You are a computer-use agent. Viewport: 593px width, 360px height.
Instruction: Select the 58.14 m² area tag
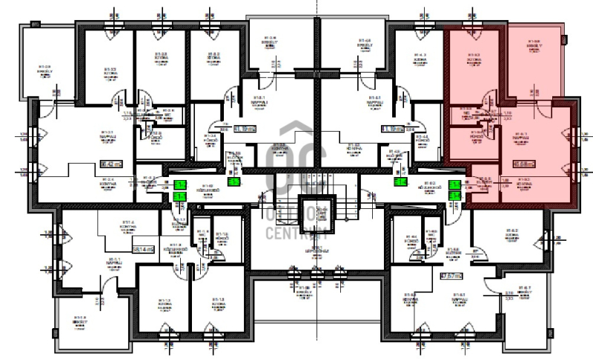(140, 250)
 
